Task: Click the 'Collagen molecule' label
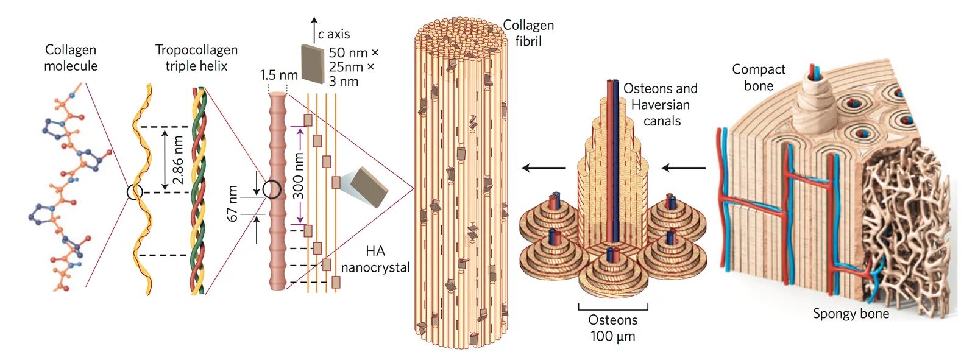point(71,58)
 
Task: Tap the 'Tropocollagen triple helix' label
point(196,58)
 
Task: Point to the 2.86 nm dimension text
point(178,160)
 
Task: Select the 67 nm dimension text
point(233,203)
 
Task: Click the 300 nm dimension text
point(299,176)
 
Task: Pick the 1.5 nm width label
point(278,75)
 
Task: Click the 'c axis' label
point(334,34)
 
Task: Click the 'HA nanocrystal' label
point(375,259)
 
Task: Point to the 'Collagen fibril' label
point(528,33)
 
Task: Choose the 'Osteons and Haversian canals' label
point(661,105)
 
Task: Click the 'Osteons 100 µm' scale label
point(613,328)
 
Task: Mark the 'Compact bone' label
point(759,77)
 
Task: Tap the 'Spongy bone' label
point(851,314)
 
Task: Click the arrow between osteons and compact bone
point(683,168)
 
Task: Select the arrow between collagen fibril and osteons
point(544,168)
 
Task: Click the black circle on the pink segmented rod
point(272,190)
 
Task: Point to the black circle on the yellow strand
point(135,192)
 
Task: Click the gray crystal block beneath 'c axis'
point(314,63)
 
